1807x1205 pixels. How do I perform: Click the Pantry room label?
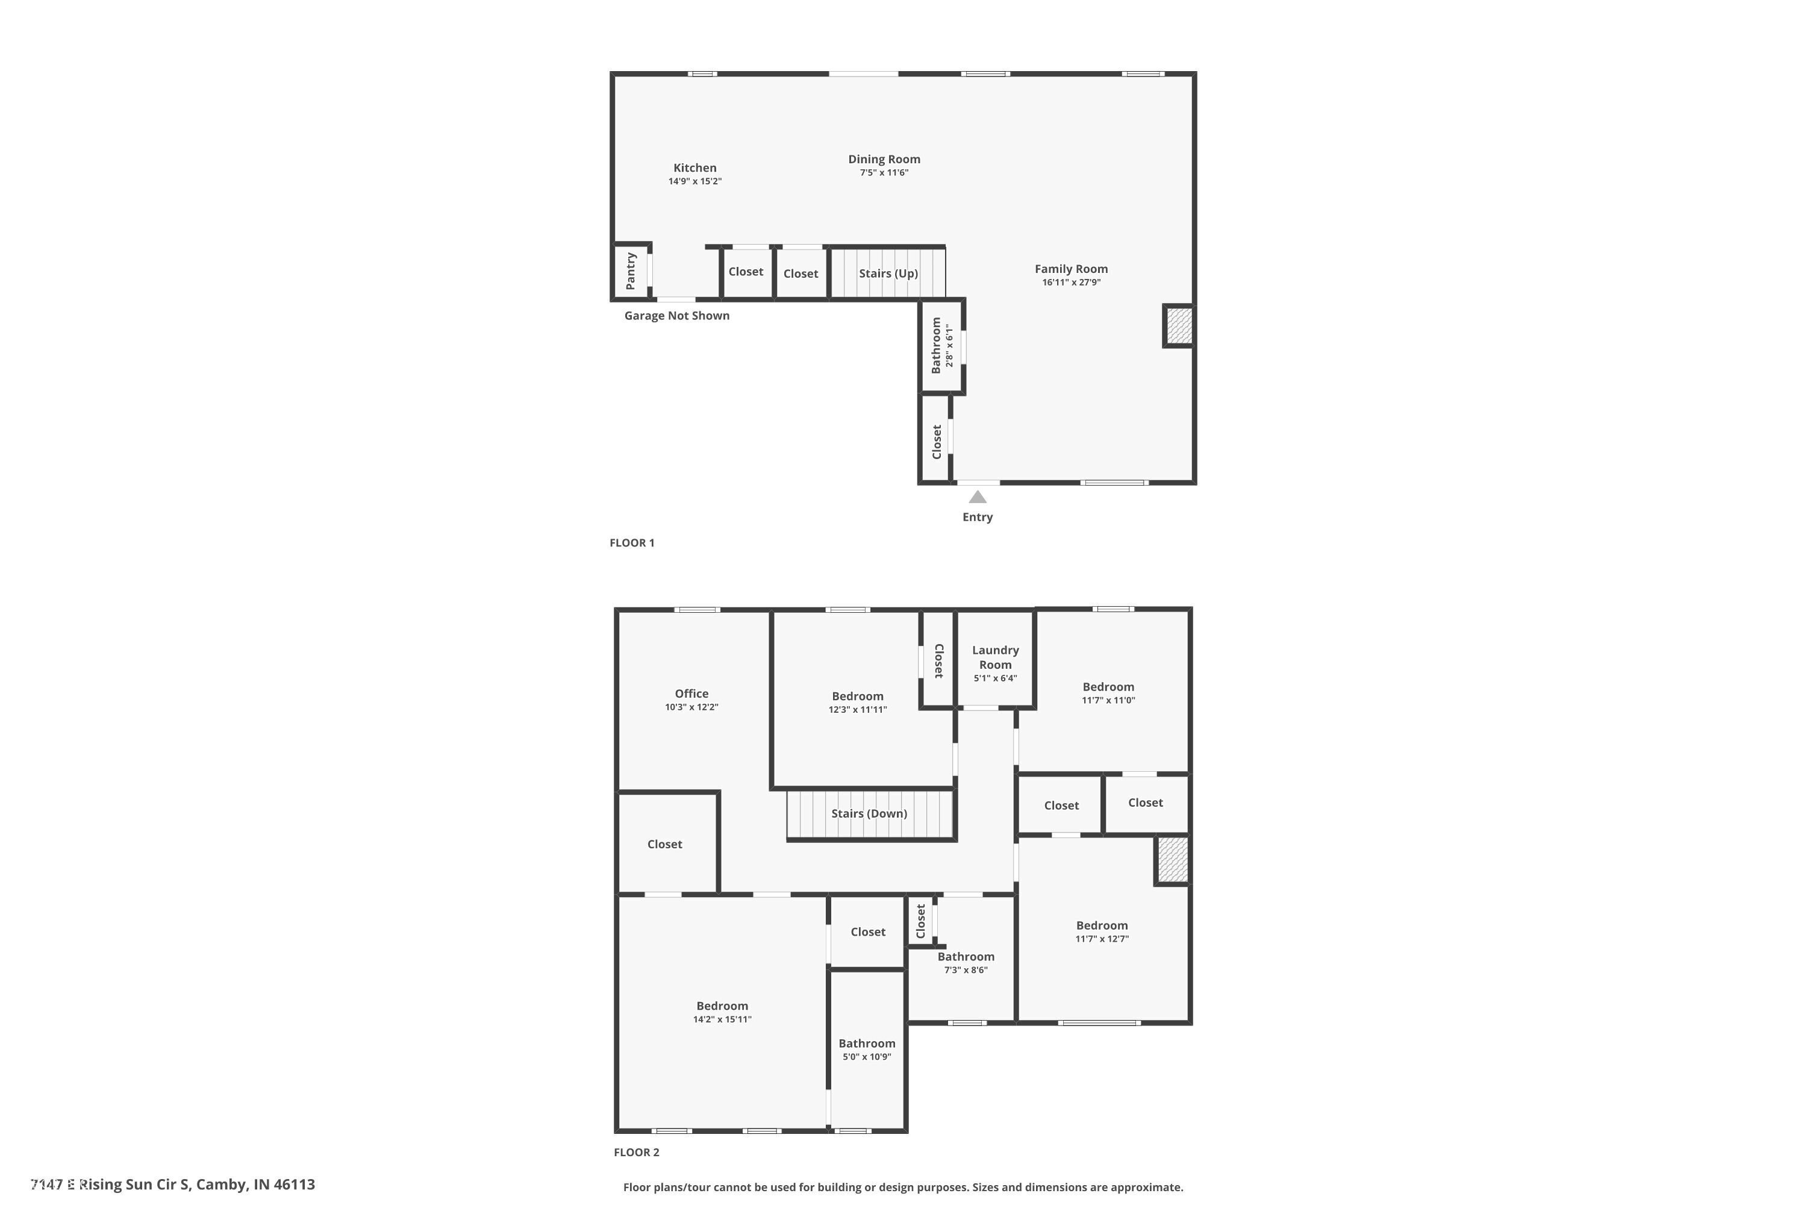631,271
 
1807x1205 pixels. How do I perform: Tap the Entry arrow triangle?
977,497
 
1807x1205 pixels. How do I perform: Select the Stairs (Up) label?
888,274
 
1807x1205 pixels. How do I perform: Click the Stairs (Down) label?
869,813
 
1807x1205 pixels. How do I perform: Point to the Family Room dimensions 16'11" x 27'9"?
1071,283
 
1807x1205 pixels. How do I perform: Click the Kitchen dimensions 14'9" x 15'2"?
694,181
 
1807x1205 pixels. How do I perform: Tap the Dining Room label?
884,159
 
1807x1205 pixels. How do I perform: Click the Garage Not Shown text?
676,316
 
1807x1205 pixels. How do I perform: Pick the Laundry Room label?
995,657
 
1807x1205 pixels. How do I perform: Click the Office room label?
691,693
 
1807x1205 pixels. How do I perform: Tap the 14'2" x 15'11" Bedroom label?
722,1006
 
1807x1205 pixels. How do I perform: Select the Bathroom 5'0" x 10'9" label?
867,1044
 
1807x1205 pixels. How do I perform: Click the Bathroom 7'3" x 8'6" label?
966,957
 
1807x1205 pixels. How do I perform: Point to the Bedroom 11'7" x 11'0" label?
1108,687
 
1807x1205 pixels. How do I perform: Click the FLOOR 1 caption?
631,543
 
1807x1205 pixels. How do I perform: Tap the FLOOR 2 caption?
636,1152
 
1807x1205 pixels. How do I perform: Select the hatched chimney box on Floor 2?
1172,859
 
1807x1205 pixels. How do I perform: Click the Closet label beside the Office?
664,844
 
